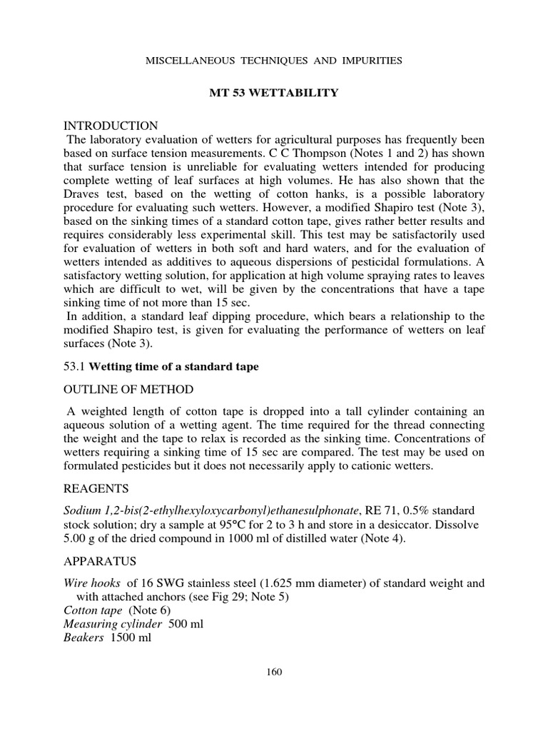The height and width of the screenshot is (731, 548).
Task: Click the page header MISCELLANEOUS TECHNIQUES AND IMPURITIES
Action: click(274, 61)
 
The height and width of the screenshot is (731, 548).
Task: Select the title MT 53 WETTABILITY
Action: click(274, 94)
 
